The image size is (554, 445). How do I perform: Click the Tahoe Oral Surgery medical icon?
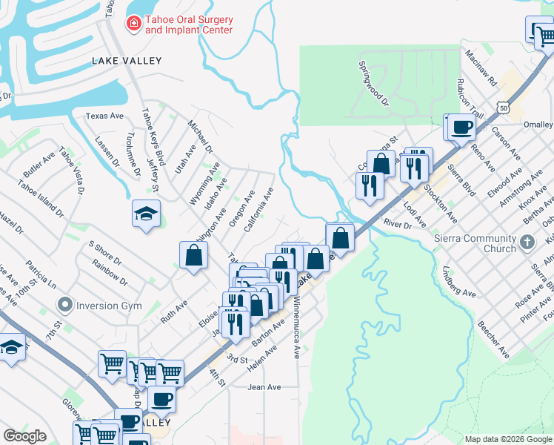tap(133, 24)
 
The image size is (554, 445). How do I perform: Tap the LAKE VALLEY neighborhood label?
tap(126, 61)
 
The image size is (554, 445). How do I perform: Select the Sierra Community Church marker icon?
tap(527, 242)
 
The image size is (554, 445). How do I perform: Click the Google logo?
tap(25, 435)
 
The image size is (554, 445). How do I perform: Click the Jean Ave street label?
tap(264, 387)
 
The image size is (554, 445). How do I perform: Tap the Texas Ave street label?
tap(104, 116)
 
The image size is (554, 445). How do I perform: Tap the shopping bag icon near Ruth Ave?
tap(193, 256)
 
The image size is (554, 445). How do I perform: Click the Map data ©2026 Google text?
tap(508, 439)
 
